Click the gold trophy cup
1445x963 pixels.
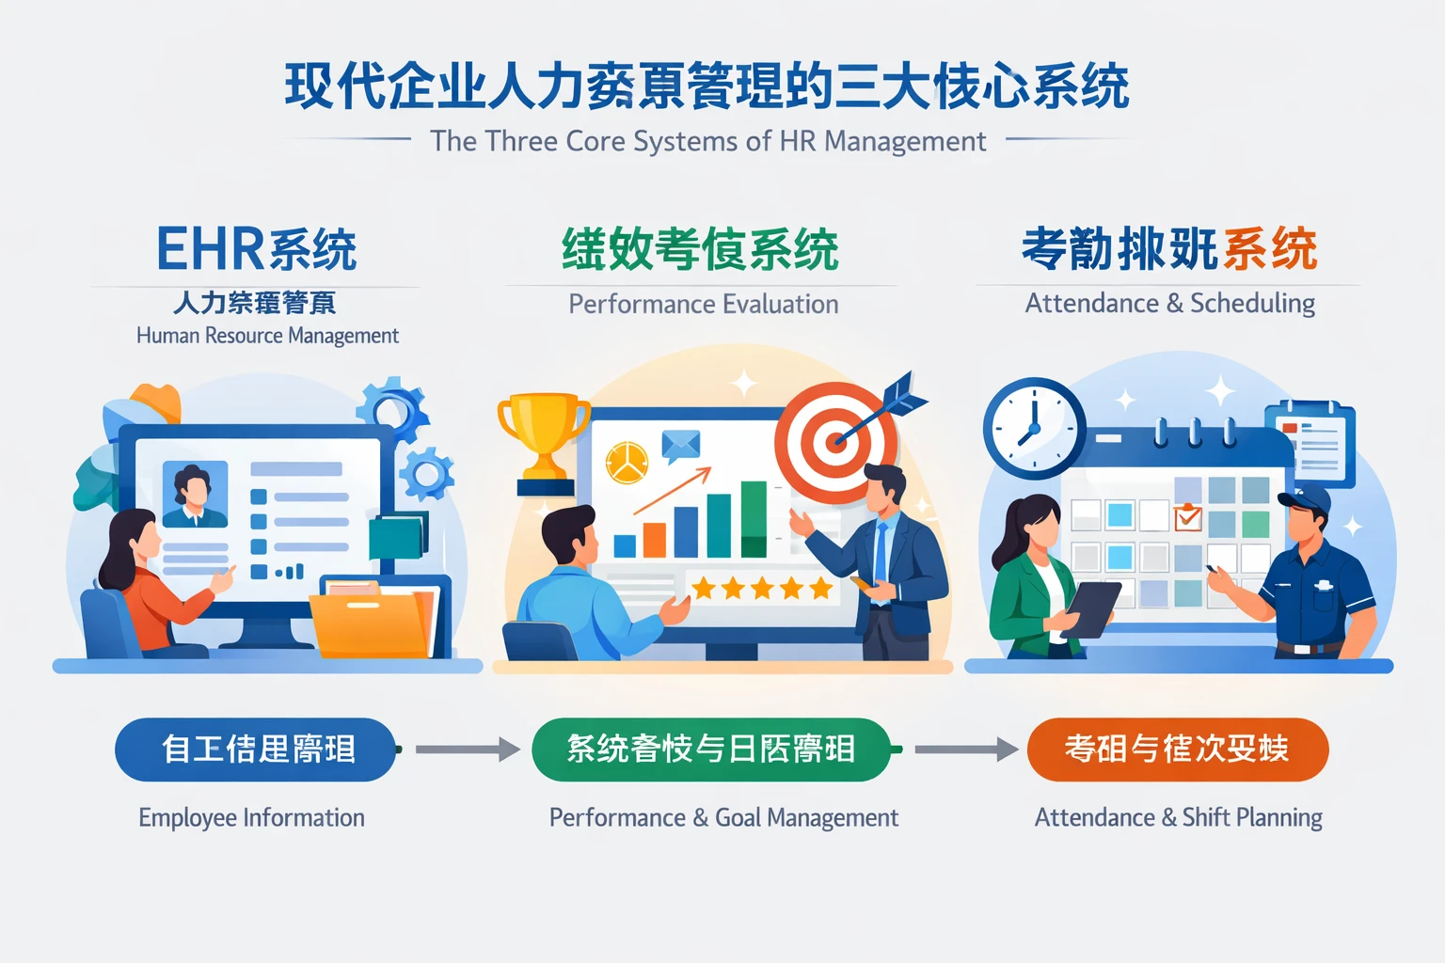pyautogui.click(x=544, y=435)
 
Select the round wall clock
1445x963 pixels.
pyautogui.click(x=1033, y=428)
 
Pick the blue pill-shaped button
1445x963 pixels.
pyautogui.click(x=256, y=750)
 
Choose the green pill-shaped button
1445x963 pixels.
pyautogui.click(x=710, y=750)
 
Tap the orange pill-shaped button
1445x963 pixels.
pyautogui.click(x=1177, y=750)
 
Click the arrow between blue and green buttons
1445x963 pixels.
pyautogui.click(x=468, y=750)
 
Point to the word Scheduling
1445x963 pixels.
pyautogui.click(x=1252, y=304)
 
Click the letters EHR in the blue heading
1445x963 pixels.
pyautogui.click(x=210, y=249)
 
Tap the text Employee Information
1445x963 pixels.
pyautogui.click(x=251, y=817)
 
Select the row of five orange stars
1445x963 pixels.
pyautogui.click(x=761, y=589)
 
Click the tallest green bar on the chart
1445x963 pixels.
pyautogui.click(x=754, y=519)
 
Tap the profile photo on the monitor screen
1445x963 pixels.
pyautogui.click(x=195, y=494)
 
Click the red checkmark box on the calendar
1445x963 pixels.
pyautogui.click(x=1188, y=516)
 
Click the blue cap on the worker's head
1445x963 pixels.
pyautogui.click(x=1305, y=498)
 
